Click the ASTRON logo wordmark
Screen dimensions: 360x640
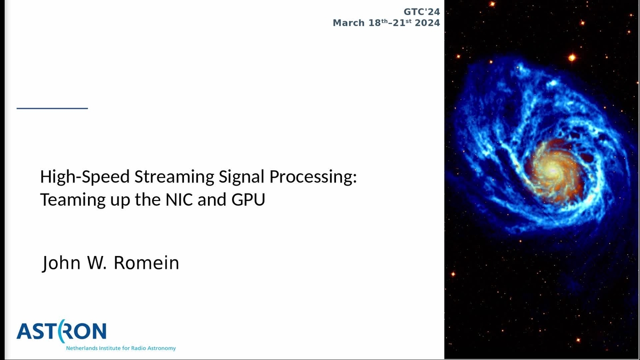tap(61, 332)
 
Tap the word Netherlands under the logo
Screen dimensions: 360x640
tap(82, 348)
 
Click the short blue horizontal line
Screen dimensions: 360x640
tap(52, 108)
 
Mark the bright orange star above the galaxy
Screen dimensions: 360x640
tap(572, 57)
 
